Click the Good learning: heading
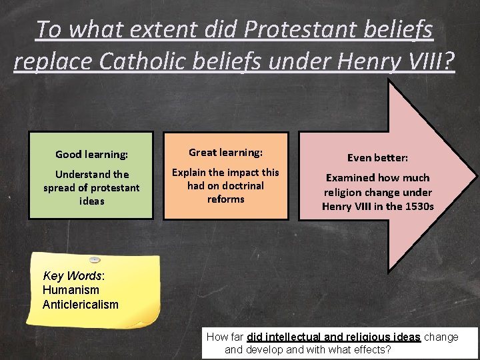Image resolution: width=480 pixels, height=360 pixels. click(91, 154)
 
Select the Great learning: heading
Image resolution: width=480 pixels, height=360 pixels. click(225, 153)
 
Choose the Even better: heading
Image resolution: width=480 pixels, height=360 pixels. click(377, 158)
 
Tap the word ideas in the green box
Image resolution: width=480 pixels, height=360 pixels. click(91, 201)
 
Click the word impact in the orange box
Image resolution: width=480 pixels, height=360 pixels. click(240, 172)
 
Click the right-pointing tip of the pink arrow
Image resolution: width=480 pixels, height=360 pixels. click(474, 176)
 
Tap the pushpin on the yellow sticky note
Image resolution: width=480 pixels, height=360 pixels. click(95, 259)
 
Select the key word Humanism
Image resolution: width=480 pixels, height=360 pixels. click(71, 290)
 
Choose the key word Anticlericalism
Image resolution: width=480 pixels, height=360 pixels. click(80, 305)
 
